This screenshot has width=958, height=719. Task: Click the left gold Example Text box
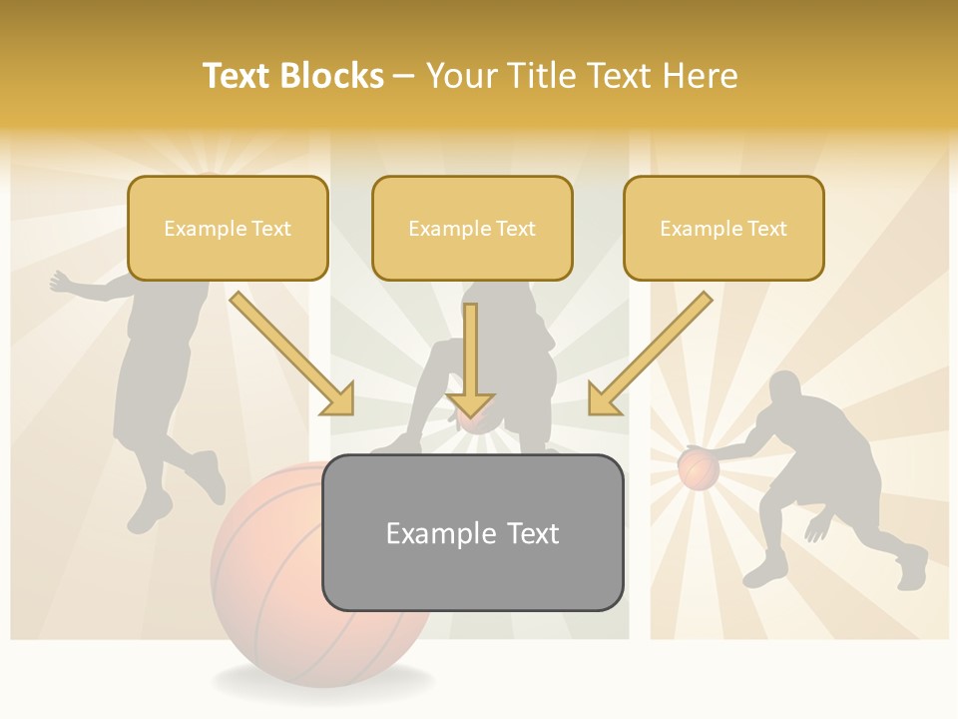pos(228,229)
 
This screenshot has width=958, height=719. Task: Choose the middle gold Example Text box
pos(472,229)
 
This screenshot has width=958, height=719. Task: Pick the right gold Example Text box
pos(723,229)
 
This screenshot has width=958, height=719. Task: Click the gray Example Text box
pos(472,532)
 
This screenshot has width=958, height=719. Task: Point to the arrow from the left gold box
pos(292,354)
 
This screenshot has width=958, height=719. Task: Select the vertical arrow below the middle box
pos(470,359)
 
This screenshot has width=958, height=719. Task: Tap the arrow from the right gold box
pos(650,354)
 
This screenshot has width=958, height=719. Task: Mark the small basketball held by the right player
pos(699,468)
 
